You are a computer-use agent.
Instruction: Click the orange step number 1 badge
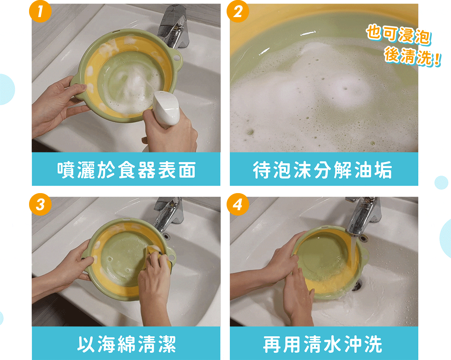(40, 11)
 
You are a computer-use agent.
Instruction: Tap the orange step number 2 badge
(238, 11)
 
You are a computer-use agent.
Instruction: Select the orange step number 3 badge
(40, 204)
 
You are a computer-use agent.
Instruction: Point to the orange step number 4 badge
(238, 204)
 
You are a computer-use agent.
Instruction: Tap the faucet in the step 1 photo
(173, 26)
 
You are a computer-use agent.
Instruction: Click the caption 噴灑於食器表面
(126, 170)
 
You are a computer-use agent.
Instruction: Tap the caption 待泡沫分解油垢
(322, 170)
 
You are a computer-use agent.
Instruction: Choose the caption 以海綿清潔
(126, 344)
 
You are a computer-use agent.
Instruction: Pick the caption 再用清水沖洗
(322, 344)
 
